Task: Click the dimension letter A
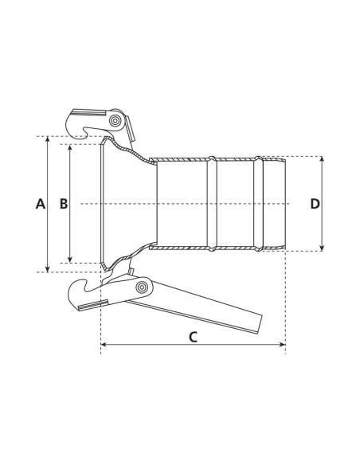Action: pos(41,204)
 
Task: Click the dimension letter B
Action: pos(65,204)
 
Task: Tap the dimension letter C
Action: pos(193,336)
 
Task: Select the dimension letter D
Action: pos(315,204)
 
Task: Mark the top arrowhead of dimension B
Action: pos(72,149)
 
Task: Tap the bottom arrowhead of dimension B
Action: pos(72,260)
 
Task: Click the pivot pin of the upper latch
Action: pos(117,121)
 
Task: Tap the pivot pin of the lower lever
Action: pos(142,287)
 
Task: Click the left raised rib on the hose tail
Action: pos(211,203)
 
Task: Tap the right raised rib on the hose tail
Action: pos(258,203)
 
